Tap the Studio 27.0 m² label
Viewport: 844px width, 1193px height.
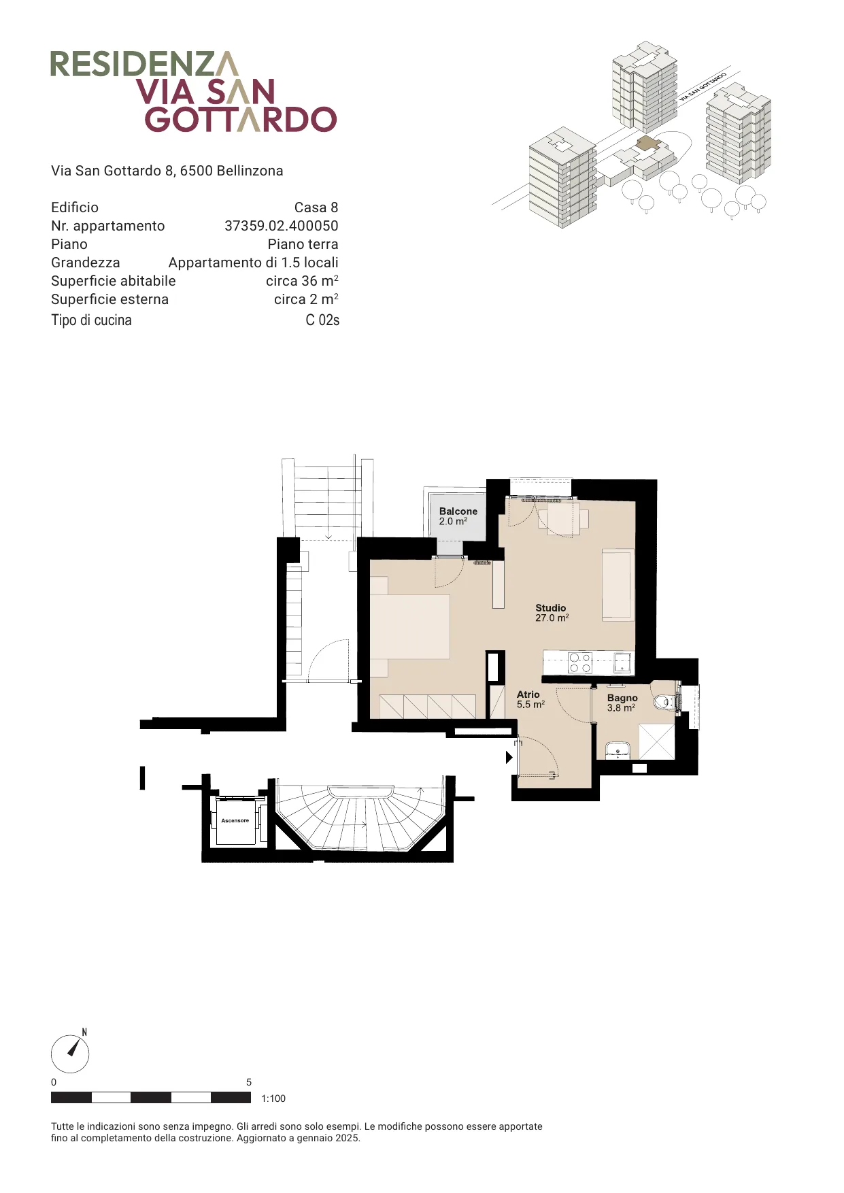coord(552,613)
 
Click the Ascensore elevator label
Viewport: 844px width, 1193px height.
coord(235,820)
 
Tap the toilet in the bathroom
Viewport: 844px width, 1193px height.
coord(664,701)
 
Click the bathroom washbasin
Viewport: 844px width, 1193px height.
coord(618,750)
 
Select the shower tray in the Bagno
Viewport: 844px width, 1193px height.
coord(657,741)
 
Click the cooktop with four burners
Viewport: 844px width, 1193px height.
coord(580,662)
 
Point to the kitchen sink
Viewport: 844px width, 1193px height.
coord(623,662)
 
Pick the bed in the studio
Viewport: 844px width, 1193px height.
coord(409,626)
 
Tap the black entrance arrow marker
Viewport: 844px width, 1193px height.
coord(509,757)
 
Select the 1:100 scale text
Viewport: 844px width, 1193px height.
coord(273,1098)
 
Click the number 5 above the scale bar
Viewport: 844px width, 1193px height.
coord(249,1082)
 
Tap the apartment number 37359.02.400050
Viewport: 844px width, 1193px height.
coord(282,226)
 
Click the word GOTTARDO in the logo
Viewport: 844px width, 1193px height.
coord(241,119)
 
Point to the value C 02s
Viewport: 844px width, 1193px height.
coord(322,320)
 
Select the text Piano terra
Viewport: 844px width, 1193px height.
coord(303,244)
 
